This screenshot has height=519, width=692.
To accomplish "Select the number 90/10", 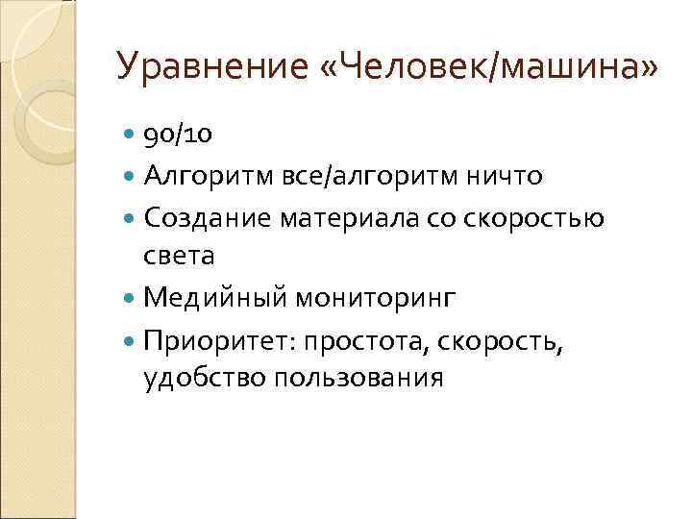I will click(178, 136).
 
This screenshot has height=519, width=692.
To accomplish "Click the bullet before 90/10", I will click(132, 136).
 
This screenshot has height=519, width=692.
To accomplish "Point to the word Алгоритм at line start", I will click(198, 177).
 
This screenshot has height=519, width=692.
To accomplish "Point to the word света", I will click(180, 257).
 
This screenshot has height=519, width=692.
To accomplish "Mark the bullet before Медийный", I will click(132, 299).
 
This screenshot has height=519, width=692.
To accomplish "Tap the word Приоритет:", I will click(211, 339).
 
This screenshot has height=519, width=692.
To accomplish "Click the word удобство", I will click(203, 378).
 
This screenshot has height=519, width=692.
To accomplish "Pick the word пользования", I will click(359, 378).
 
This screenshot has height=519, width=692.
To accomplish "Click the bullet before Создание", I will click(132, 219).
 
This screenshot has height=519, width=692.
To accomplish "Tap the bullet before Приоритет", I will click(132, 340).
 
